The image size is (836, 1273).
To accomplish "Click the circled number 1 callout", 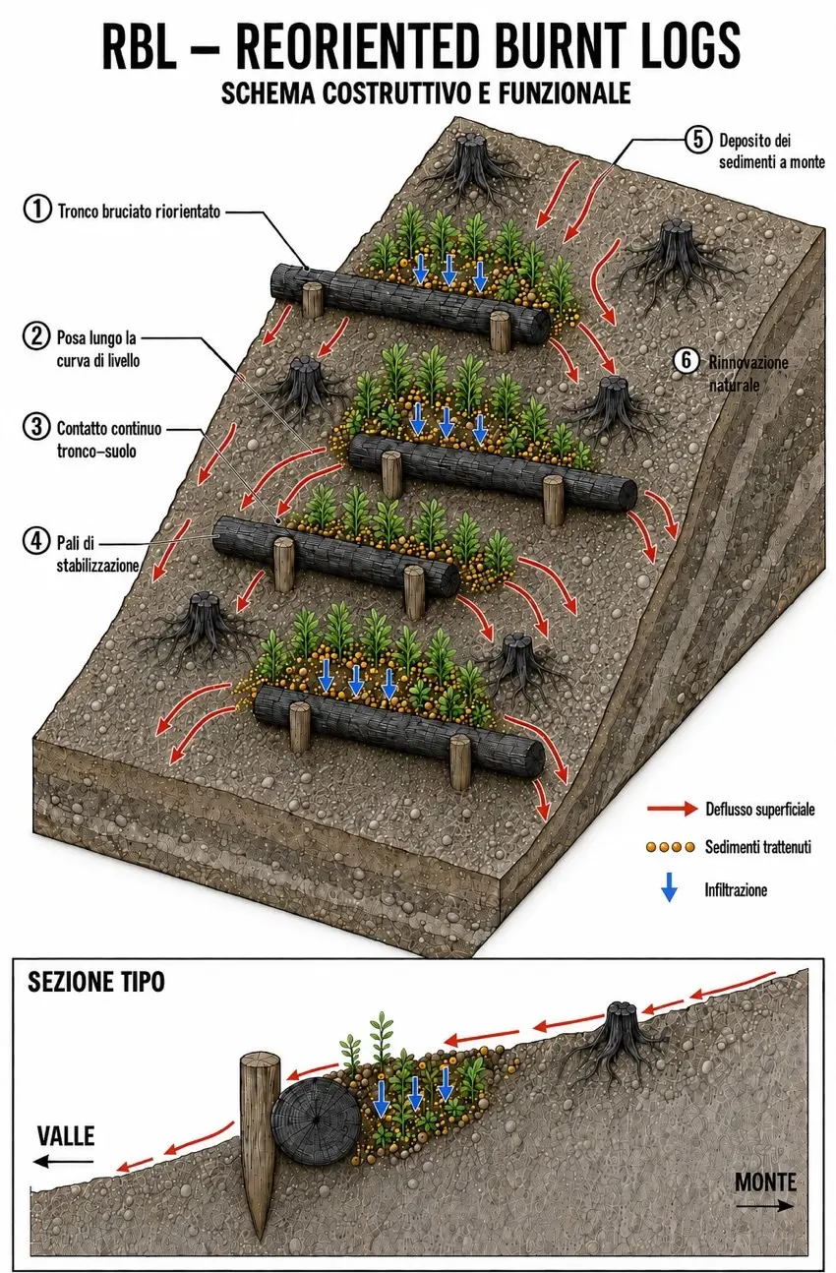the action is tap(37, 210).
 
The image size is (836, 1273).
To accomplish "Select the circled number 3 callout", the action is tap(36, 426).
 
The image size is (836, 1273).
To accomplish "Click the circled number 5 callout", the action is tap(698, 139).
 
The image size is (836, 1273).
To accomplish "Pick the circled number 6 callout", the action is tap(687, 360).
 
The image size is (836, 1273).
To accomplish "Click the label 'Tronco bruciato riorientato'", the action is tap(139, 212).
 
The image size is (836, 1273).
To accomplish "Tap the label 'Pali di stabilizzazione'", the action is tap(97, 554).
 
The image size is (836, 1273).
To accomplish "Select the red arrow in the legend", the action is tap(672, 808).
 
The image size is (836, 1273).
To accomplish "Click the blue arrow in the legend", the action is tap(670, 889).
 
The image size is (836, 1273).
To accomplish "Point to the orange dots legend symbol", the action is tap(671, 847).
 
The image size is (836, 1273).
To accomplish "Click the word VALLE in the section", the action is tap(66, 1136).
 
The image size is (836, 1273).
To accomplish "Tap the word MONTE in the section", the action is tap(765, 1182).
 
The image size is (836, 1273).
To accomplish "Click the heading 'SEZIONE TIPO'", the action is tap(96, 982).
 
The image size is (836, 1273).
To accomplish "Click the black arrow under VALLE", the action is tap(64, 1162).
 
